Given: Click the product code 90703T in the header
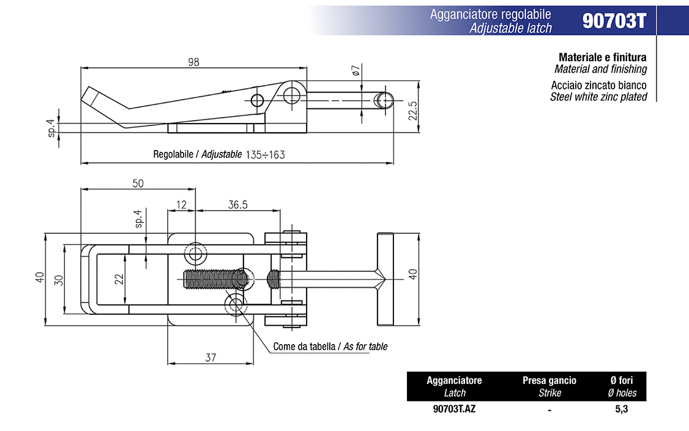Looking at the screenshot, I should point(614,21).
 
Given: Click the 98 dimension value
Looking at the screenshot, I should point(194,62).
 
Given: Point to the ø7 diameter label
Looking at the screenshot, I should point(357,70).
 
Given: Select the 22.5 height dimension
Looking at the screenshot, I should point(412,111).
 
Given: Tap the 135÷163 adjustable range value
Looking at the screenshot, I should point(265,155).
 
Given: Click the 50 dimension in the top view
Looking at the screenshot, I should point(138,183).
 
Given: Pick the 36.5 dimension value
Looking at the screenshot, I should point(238,205).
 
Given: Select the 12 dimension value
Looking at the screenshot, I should point(181,205).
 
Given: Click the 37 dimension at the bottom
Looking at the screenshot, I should point(210,358).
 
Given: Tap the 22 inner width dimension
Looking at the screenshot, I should point(120,279).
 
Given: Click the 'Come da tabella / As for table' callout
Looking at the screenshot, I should point(330,347).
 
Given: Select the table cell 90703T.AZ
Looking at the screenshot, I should point(453,409).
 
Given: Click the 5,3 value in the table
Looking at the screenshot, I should point(622,409).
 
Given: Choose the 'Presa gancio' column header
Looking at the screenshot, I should point(549,380).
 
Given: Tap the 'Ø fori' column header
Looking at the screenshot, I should point(622,380).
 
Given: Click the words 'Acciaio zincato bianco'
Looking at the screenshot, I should point(598,86).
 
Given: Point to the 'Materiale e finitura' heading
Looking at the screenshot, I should point(602,58).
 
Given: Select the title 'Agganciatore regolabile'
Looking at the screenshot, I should point(490,14).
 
